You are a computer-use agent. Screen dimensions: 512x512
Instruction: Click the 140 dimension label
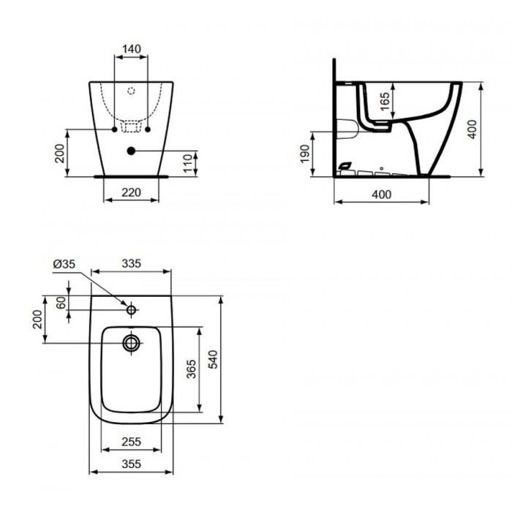[132, 49]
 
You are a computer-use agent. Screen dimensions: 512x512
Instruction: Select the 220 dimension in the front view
[131, 192]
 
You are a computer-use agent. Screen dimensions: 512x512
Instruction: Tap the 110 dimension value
[188, 163]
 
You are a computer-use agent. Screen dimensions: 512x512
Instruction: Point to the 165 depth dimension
[385, 101]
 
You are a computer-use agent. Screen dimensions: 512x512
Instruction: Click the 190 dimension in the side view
[304, 154]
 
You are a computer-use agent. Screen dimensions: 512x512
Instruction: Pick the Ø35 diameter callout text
[64, 264]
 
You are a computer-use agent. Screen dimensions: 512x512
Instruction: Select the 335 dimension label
[131, 263]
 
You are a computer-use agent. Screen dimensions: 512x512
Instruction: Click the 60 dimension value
[61, 303]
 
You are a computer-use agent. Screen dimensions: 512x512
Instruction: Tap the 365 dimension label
[192, 369]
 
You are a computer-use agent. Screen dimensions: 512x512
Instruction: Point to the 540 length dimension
[213, 359]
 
